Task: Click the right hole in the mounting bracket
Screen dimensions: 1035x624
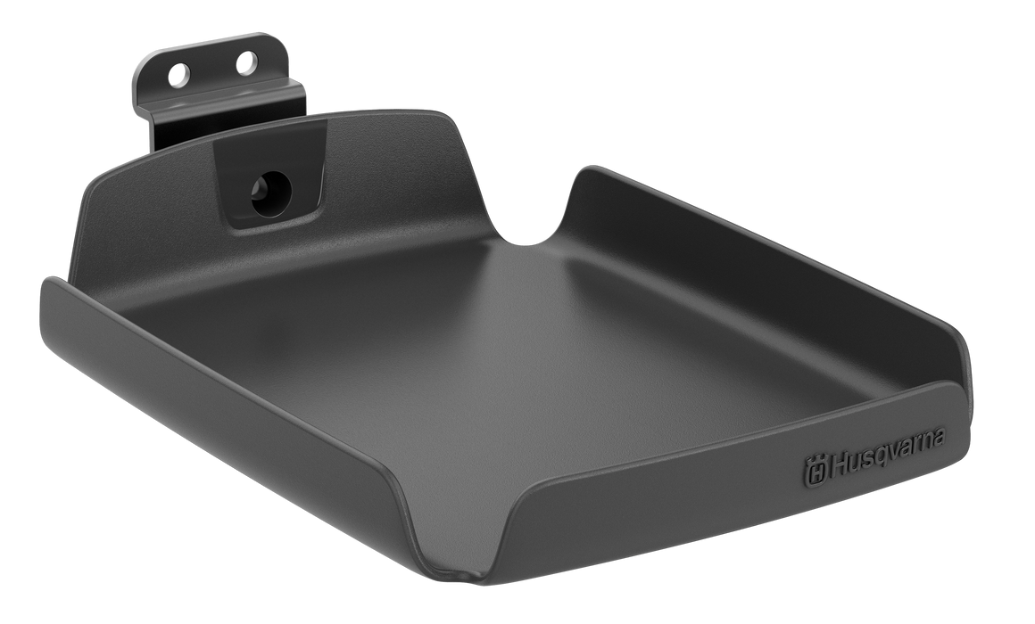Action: tap(245, 62)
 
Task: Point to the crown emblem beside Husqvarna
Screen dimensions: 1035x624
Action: tap(815, 472)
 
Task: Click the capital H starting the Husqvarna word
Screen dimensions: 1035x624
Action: tap(839, 464)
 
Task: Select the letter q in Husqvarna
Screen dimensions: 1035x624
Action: tap(887, 456)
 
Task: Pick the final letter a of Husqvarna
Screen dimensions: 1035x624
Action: tap(939, 437)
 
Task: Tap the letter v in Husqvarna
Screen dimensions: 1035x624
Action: tap(899, 450)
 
